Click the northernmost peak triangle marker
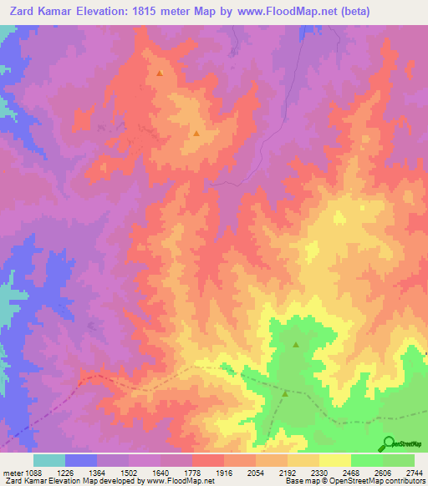pyautogui.click(x=159, y=73)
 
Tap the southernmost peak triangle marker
pyautogui.click(x=286, y=392)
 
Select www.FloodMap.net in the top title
pyautogui.click(x=271, y=11)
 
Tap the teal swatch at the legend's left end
pyautogui.click(x=49, y=460)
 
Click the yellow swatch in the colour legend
pyautogui.click(x=335, y=460)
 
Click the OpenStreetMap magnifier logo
pyautogui.click(x=389, y=443)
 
